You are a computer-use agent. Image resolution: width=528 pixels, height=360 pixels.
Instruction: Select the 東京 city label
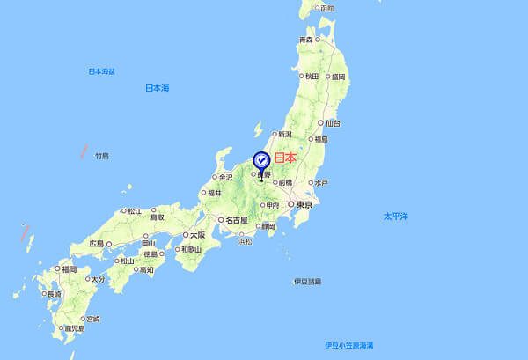point(304,204)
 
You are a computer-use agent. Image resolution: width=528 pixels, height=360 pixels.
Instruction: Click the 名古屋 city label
point(235,219)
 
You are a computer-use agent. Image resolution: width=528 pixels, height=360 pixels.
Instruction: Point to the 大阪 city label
point(194,235)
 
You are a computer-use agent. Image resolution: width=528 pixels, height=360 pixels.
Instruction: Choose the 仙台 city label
point(332,123)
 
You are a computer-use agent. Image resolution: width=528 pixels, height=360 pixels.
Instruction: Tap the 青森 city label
point(306,40)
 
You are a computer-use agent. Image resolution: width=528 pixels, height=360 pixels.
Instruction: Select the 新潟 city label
point(284,135)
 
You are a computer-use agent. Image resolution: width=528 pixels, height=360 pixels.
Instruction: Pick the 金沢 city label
point(225,177)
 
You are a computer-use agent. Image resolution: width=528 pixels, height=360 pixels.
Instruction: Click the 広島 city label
point(96,243)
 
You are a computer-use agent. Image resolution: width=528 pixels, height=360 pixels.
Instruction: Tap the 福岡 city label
point(69,269)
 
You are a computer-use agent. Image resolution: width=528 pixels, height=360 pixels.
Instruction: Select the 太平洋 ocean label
point(395,216)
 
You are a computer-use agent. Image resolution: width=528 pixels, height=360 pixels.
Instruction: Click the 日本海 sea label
point(157,88)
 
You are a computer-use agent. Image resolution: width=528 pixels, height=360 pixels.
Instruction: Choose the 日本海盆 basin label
point(102,70)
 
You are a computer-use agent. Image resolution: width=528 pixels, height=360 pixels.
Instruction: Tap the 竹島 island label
point(101,156)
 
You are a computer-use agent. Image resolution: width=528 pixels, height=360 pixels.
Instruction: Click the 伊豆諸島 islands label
point(307,282)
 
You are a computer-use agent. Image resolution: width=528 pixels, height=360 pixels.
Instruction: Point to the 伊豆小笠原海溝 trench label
point(349,344)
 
